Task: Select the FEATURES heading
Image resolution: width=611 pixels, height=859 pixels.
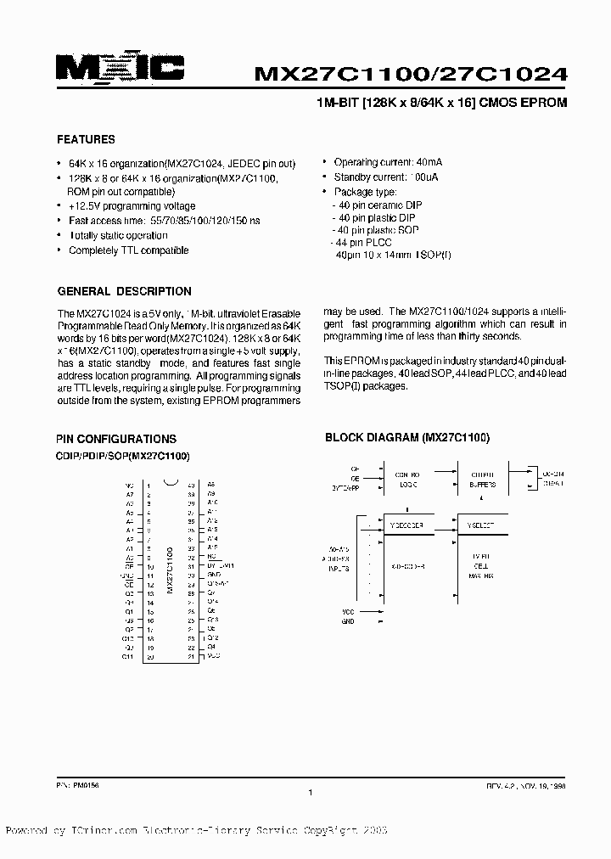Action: (x=86, y=139)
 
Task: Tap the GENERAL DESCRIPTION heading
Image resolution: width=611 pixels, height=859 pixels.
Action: (x=124, y=291)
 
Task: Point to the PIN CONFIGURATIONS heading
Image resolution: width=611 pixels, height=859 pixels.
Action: (x=116, y=439)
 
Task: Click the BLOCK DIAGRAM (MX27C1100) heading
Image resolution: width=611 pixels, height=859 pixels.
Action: (x=408, y=438)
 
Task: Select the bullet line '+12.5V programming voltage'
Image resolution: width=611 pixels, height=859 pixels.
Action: (x=132, y=206)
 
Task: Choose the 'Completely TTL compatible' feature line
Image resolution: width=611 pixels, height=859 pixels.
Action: (x=128, y=250)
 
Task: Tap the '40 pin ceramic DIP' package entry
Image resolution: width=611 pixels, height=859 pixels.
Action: (x=379, y=205)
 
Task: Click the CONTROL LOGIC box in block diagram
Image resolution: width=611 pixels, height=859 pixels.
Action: (x=406, y=480)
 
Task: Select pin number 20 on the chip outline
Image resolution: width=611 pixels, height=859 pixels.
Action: (x=149, y=657)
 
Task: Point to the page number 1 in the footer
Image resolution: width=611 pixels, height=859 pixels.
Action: (x=311, y=792)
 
